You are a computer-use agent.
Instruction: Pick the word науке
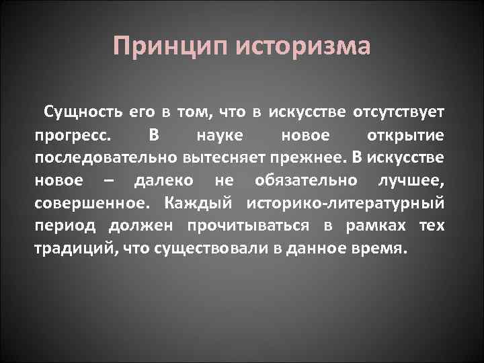[x=216, y=134]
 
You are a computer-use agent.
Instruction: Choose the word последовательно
[x=105, y=157]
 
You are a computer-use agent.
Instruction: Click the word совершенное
[x=81, y=203]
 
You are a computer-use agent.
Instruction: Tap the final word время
[x=384, y=249]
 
